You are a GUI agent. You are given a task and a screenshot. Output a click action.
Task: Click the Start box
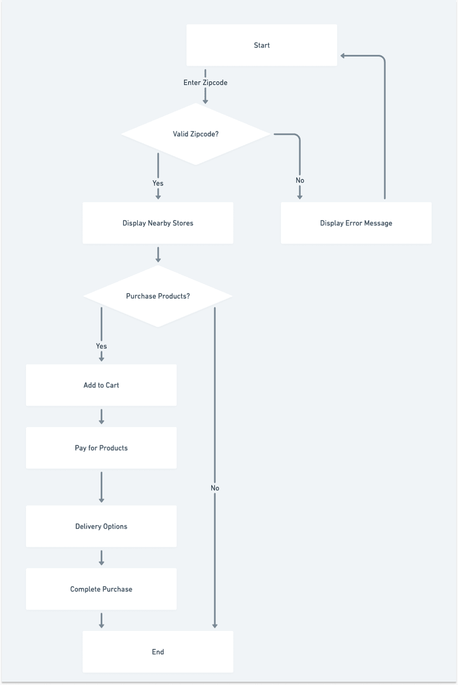click(x=262, y=45)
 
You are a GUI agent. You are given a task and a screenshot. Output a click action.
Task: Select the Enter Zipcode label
click(x=205, y=83)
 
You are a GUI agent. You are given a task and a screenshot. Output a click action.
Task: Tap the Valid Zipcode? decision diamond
click(x=196, y=134)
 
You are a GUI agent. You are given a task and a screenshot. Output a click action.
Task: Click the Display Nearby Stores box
click(x=158, y=223)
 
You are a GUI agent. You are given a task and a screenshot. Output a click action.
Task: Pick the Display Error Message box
click(x=356, y=223)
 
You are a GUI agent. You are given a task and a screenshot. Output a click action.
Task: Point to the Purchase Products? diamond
click(x=158, y=296)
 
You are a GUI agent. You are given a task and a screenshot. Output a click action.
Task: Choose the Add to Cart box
click(x=101, y=385)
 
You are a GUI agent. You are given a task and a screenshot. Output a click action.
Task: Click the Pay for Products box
click(x=101, y=448)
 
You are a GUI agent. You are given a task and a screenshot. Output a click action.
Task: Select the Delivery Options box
click(x=101, y=526)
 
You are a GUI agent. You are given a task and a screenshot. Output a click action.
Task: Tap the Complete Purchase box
click(x=101, y=589)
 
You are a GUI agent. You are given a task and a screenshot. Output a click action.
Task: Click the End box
click(x=158, y=652)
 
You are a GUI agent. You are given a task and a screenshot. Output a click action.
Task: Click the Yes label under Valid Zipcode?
click(x=158, y=183)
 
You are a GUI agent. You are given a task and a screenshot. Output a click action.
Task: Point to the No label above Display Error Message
click(x=300, y=180)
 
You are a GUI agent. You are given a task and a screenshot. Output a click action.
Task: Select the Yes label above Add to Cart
click(x=101, y=346)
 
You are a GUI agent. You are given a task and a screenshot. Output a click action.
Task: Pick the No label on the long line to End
click(x=215, y=488)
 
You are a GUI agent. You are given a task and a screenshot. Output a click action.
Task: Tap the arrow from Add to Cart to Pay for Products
click(x=102, y=416)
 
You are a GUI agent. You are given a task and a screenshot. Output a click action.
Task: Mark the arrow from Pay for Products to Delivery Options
click(x=102, y=487)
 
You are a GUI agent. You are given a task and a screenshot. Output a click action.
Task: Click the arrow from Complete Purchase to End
click(x=102, y=621)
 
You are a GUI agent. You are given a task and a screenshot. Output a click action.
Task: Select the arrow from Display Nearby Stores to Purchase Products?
click(x=158, y=255)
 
